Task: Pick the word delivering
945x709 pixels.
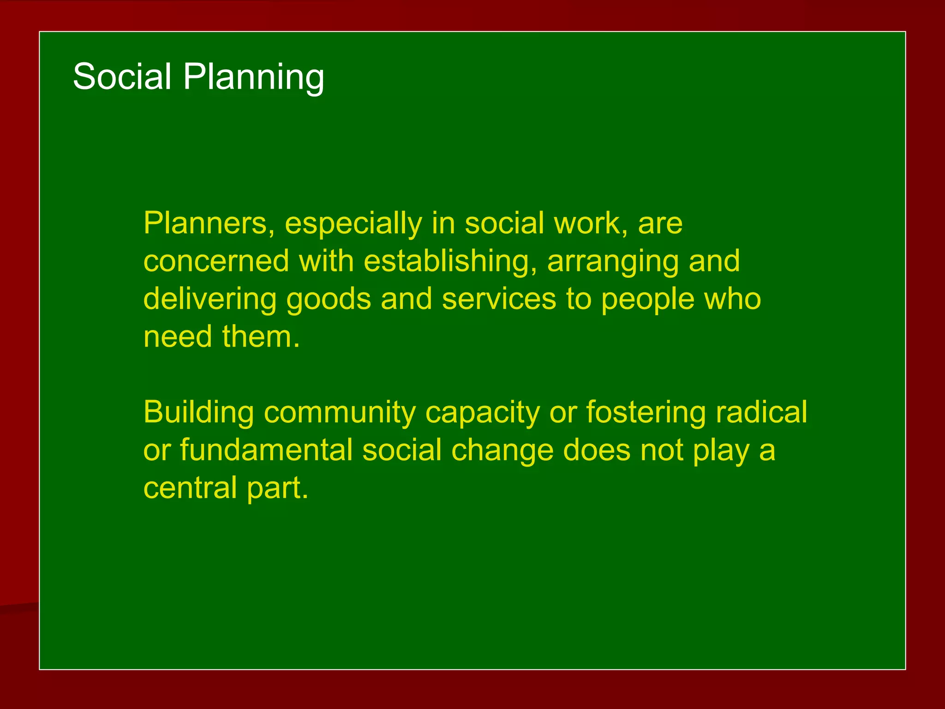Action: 209,300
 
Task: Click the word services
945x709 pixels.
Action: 499,300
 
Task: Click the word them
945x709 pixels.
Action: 260,337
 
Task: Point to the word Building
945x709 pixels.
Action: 198,413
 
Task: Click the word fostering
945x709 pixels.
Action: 646,413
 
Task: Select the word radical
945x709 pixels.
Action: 761,412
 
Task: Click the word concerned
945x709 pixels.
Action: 216,262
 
